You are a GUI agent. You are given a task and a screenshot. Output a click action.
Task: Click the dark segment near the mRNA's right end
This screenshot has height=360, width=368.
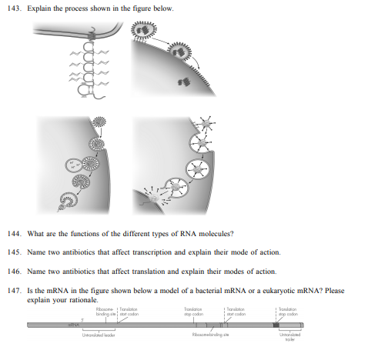coord(278,326)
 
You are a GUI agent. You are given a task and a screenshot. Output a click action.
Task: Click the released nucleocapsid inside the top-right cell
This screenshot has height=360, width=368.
coord(185,82)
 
